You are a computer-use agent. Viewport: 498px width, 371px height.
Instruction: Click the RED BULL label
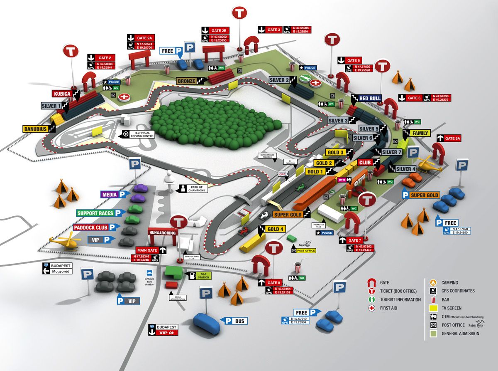[370, 98]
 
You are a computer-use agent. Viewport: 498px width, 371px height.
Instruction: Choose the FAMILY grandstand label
[419, 133]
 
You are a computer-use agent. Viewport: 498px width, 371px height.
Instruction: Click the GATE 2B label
[219, 31]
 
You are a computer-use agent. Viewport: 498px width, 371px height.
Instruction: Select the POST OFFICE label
[306, 251]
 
